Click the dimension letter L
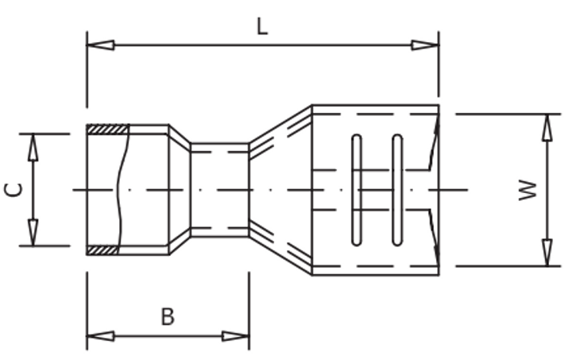(262, 25)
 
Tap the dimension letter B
(167, 316)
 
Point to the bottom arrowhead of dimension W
(547, 252)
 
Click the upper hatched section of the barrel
(106, 129)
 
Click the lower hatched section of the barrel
(103, 250)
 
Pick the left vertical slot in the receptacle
(357, 189)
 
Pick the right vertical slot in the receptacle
(397, 189)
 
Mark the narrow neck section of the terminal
(220, 189)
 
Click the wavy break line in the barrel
(122, 189)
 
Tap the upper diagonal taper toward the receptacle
(280, 127)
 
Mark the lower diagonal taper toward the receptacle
(280, 252)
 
